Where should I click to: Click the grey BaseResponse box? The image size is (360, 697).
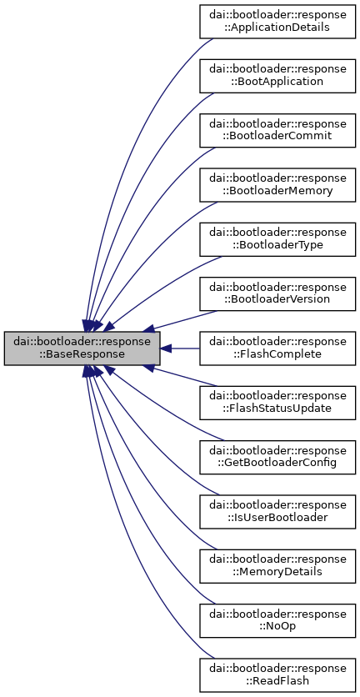(x=82, y=346)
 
